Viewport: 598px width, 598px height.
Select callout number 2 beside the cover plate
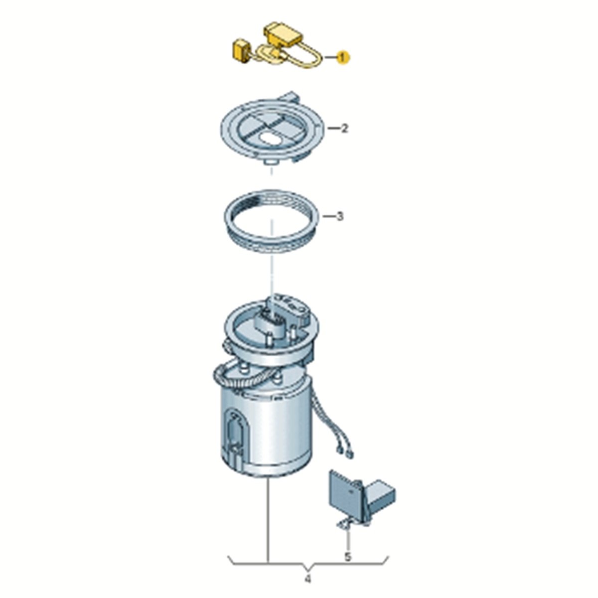pyautogui.click(x=344, y=129)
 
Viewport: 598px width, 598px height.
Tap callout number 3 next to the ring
pyautogui.click(x=340, y=216)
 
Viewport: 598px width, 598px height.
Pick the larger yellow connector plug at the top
pyautogui.click(x=283, y=33)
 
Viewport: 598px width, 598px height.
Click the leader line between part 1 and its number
pyautogui.click(x=330, y=58)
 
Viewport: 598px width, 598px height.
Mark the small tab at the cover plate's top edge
pyautogui.click(x=291, y=96)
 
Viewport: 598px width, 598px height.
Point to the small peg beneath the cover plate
pyautogui.click(x=270, y=162)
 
